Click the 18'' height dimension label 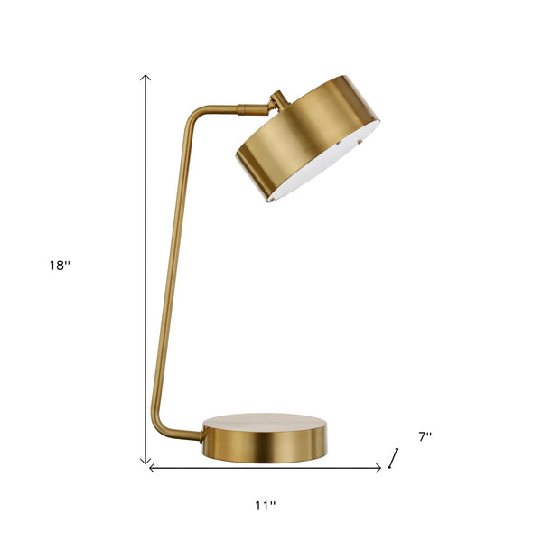coord(60,266)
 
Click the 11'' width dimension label coord(265,506)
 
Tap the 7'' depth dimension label coord(425,436)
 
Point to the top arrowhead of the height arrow coord(145,78)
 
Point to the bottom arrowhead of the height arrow coord(145,462)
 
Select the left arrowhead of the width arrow coord(152,468)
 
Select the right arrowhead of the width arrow coord(378,468)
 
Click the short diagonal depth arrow coord(393,458)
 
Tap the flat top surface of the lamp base coord(265,423)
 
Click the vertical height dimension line coord(145,271)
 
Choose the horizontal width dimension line coord(265,468)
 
